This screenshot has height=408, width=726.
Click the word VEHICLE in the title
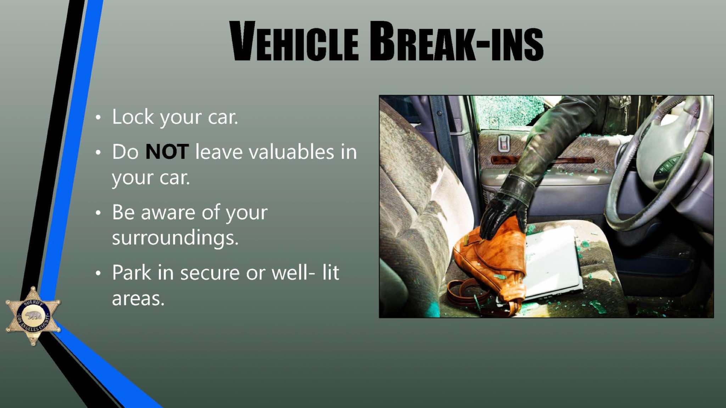coord(294,41)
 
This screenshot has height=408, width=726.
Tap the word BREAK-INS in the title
coord(457,41)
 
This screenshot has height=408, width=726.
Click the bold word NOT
coord(167,152)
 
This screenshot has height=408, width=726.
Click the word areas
coord(138,298)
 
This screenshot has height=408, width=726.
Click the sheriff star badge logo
coord(33,316)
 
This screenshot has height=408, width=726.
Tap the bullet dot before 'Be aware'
coord(98,213)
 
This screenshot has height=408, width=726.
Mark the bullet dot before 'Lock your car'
coord(98,117)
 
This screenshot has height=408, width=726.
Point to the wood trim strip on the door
coord(542,160)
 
